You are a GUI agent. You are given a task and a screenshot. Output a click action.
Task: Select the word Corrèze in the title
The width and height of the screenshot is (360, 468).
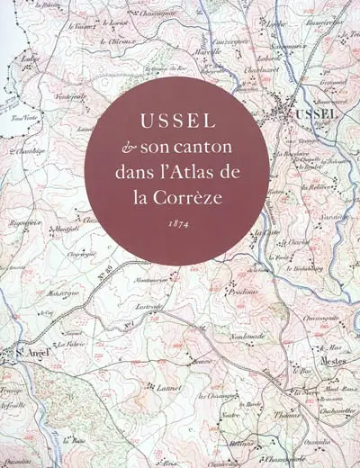click(202, 193)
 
